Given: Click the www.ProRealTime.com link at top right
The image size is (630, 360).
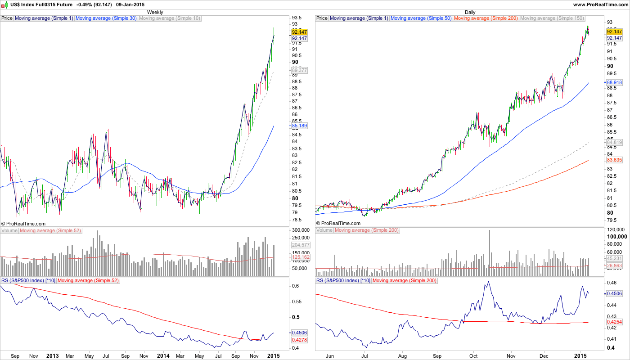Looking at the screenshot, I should tap(600, 4).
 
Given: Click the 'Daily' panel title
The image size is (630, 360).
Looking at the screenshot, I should tap(470, 12).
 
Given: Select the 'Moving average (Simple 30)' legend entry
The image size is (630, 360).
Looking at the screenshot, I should tap(106, 18).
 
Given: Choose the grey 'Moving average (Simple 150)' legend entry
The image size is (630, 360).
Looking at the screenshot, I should tap(552, 18).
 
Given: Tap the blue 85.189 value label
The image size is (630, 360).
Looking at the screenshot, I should tap(299, 126).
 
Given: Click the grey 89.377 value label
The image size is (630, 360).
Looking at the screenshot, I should tap(299, 71).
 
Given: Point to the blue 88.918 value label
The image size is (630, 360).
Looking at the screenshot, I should tap(614, 83).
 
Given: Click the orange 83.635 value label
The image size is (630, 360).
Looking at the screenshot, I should tap(614, 160).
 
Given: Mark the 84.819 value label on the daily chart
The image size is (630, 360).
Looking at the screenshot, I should tap(614, 143).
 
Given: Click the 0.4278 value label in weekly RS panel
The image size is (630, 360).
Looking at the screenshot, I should tap(299, 340).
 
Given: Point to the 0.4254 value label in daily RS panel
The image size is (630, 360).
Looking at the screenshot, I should tap(614, 322).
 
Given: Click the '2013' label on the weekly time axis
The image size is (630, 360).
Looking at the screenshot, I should tap(53, 355).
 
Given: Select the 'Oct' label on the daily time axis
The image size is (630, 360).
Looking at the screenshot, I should tap(473, 355).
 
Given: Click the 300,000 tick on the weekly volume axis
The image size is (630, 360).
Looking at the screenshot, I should tap(302, 230).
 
